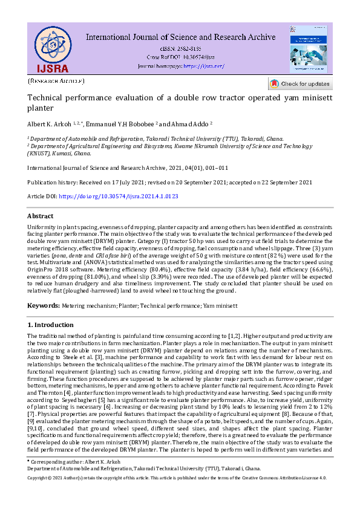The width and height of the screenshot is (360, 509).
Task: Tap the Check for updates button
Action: (300, 84)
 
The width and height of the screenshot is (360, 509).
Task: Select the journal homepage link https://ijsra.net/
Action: (204, 66)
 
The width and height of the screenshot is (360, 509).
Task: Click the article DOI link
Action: (120, 196)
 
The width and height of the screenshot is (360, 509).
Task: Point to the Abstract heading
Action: (41, 216)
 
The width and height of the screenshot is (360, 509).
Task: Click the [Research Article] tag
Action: (56, 80)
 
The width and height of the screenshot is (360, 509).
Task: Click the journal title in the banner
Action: (180, 37)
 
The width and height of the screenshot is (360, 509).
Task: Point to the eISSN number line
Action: (180, 48)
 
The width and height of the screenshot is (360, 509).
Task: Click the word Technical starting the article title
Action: (47, 98)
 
